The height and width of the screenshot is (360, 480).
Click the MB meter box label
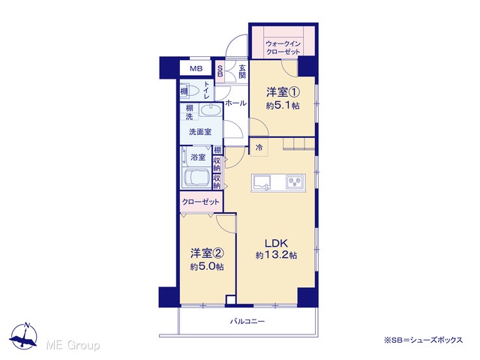196,68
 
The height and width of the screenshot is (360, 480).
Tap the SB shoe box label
220,71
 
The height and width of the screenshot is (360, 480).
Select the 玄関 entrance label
242,71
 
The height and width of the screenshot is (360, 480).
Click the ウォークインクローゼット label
283,47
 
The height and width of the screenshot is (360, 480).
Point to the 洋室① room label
283,91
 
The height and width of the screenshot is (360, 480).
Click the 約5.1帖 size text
283,106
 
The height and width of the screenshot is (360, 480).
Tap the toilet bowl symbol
193,91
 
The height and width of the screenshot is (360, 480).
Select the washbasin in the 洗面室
210,110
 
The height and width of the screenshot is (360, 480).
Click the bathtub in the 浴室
195,178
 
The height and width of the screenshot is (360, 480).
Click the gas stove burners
295,181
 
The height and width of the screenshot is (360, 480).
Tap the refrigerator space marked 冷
259,147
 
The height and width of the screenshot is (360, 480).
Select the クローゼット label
201,202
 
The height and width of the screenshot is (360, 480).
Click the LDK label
277,243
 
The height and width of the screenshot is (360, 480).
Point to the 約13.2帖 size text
277,255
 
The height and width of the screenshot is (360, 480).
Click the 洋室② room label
207,253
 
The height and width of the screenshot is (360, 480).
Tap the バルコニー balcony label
247,322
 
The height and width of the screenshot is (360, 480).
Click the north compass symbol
23,336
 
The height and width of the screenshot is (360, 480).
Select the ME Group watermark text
73,346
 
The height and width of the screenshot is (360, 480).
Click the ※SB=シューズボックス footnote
424,340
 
